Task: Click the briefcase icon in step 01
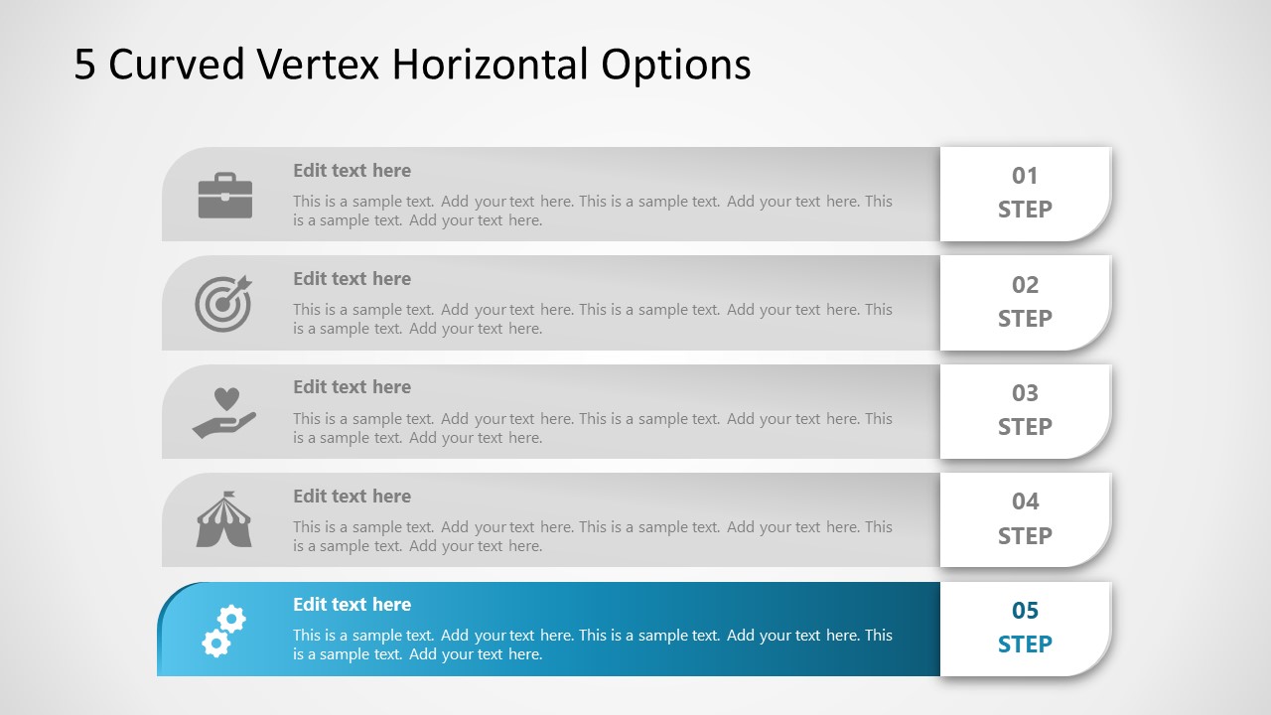[225, 196]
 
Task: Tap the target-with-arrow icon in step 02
[223, 304]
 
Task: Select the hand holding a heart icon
[224, 412]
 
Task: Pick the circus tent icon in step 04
[224, 519]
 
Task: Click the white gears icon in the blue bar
[224, 631]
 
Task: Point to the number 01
[1025, 176]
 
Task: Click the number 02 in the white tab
[1025, 285]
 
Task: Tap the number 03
[1025, 393]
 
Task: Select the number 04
[1025, 501]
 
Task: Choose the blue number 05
[1025, 611]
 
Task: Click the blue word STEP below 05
[1025, 644]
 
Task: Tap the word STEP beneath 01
[1025, 210]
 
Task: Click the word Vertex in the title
[318, 64]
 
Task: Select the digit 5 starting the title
[84, 65]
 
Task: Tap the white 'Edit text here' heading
[352, 605]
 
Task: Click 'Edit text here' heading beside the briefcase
[352, 170]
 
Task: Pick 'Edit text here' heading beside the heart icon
[352, 387]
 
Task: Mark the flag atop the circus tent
[228, 495]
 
